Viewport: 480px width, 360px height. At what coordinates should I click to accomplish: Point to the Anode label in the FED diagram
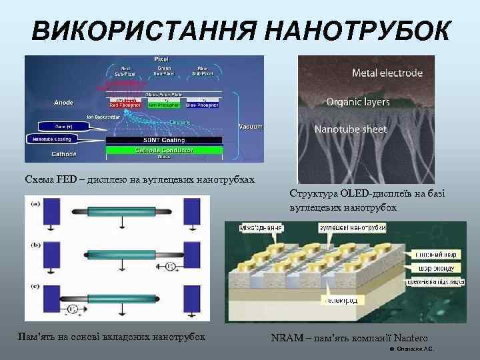click(64, 103)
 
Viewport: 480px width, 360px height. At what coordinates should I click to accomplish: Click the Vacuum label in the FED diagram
click(250, 126)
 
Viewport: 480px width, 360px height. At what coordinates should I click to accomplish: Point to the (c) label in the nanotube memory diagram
click(34, 287)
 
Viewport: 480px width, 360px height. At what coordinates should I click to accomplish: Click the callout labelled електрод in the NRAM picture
click(341, 301)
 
